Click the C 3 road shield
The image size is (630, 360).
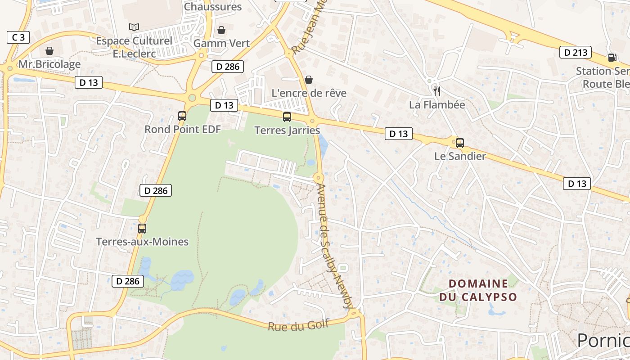18,37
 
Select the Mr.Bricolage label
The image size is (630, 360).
49,64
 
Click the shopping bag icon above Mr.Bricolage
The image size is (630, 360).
49,51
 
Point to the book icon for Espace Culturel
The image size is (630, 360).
134,27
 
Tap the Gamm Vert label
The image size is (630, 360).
221,43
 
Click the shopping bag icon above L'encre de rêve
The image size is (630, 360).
309,80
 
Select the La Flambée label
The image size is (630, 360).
436,104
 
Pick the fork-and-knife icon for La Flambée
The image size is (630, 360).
436,91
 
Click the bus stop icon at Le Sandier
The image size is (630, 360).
459,143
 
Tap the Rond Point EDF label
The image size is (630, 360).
182,129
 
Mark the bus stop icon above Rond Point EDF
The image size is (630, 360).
182,116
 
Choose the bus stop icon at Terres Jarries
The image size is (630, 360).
287,117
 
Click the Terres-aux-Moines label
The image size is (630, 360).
142,242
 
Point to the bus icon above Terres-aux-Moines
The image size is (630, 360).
142,228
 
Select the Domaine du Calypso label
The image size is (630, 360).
478,290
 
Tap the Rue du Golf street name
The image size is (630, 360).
298,325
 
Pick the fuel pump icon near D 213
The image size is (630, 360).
612,57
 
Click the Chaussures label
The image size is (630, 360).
213,7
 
